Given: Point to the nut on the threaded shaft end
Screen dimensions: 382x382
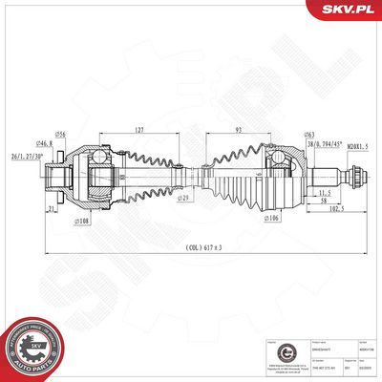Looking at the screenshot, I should pos(355,177).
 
